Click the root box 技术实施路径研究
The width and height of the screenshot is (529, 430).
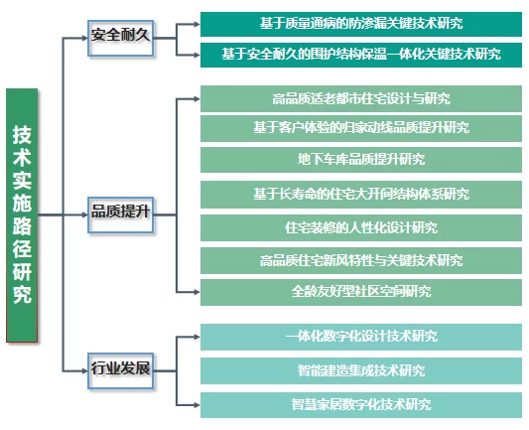coord(22,215)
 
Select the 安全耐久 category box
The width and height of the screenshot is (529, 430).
coord(121,38)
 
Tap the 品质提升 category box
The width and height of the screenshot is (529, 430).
coord(121,215)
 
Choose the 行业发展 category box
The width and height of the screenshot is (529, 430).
coord(121,371)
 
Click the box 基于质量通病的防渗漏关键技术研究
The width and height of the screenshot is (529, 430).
coord(361,24)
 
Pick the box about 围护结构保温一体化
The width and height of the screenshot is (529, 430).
coord(361,55)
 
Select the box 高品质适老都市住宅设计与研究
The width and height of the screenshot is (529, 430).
coord(361,99)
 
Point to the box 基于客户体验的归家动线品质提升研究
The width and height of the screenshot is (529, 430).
coord(361,128)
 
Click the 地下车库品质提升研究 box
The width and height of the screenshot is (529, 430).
coord(361,160)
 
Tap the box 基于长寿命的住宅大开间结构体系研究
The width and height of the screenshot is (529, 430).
coord(361,195)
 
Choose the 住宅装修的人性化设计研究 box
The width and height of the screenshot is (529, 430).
coord(361,227)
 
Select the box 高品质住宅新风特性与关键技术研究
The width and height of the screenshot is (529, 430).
coord(361,260)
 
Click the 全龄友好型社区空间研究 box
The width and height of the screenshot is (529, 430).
coord(361,292)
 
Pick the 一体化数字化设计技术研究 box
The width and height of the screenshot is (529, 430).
coord(361,338)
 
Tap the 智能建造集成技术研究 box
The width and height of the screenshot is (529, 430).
coord(361,371)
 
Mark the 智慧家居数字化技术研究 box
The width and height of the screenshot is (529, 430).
coord(361,405)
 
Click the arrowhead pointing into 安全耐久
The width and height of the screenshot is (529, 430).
coord(84,38)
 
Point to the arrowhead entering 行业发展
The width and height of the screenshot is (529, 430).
coord(84,371)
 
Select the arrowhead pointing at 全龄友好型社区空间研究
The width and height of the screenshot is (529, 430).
coord(198,292)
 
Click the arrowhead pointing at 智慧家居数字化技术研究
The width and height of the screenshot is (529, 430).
coord(198,405)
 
